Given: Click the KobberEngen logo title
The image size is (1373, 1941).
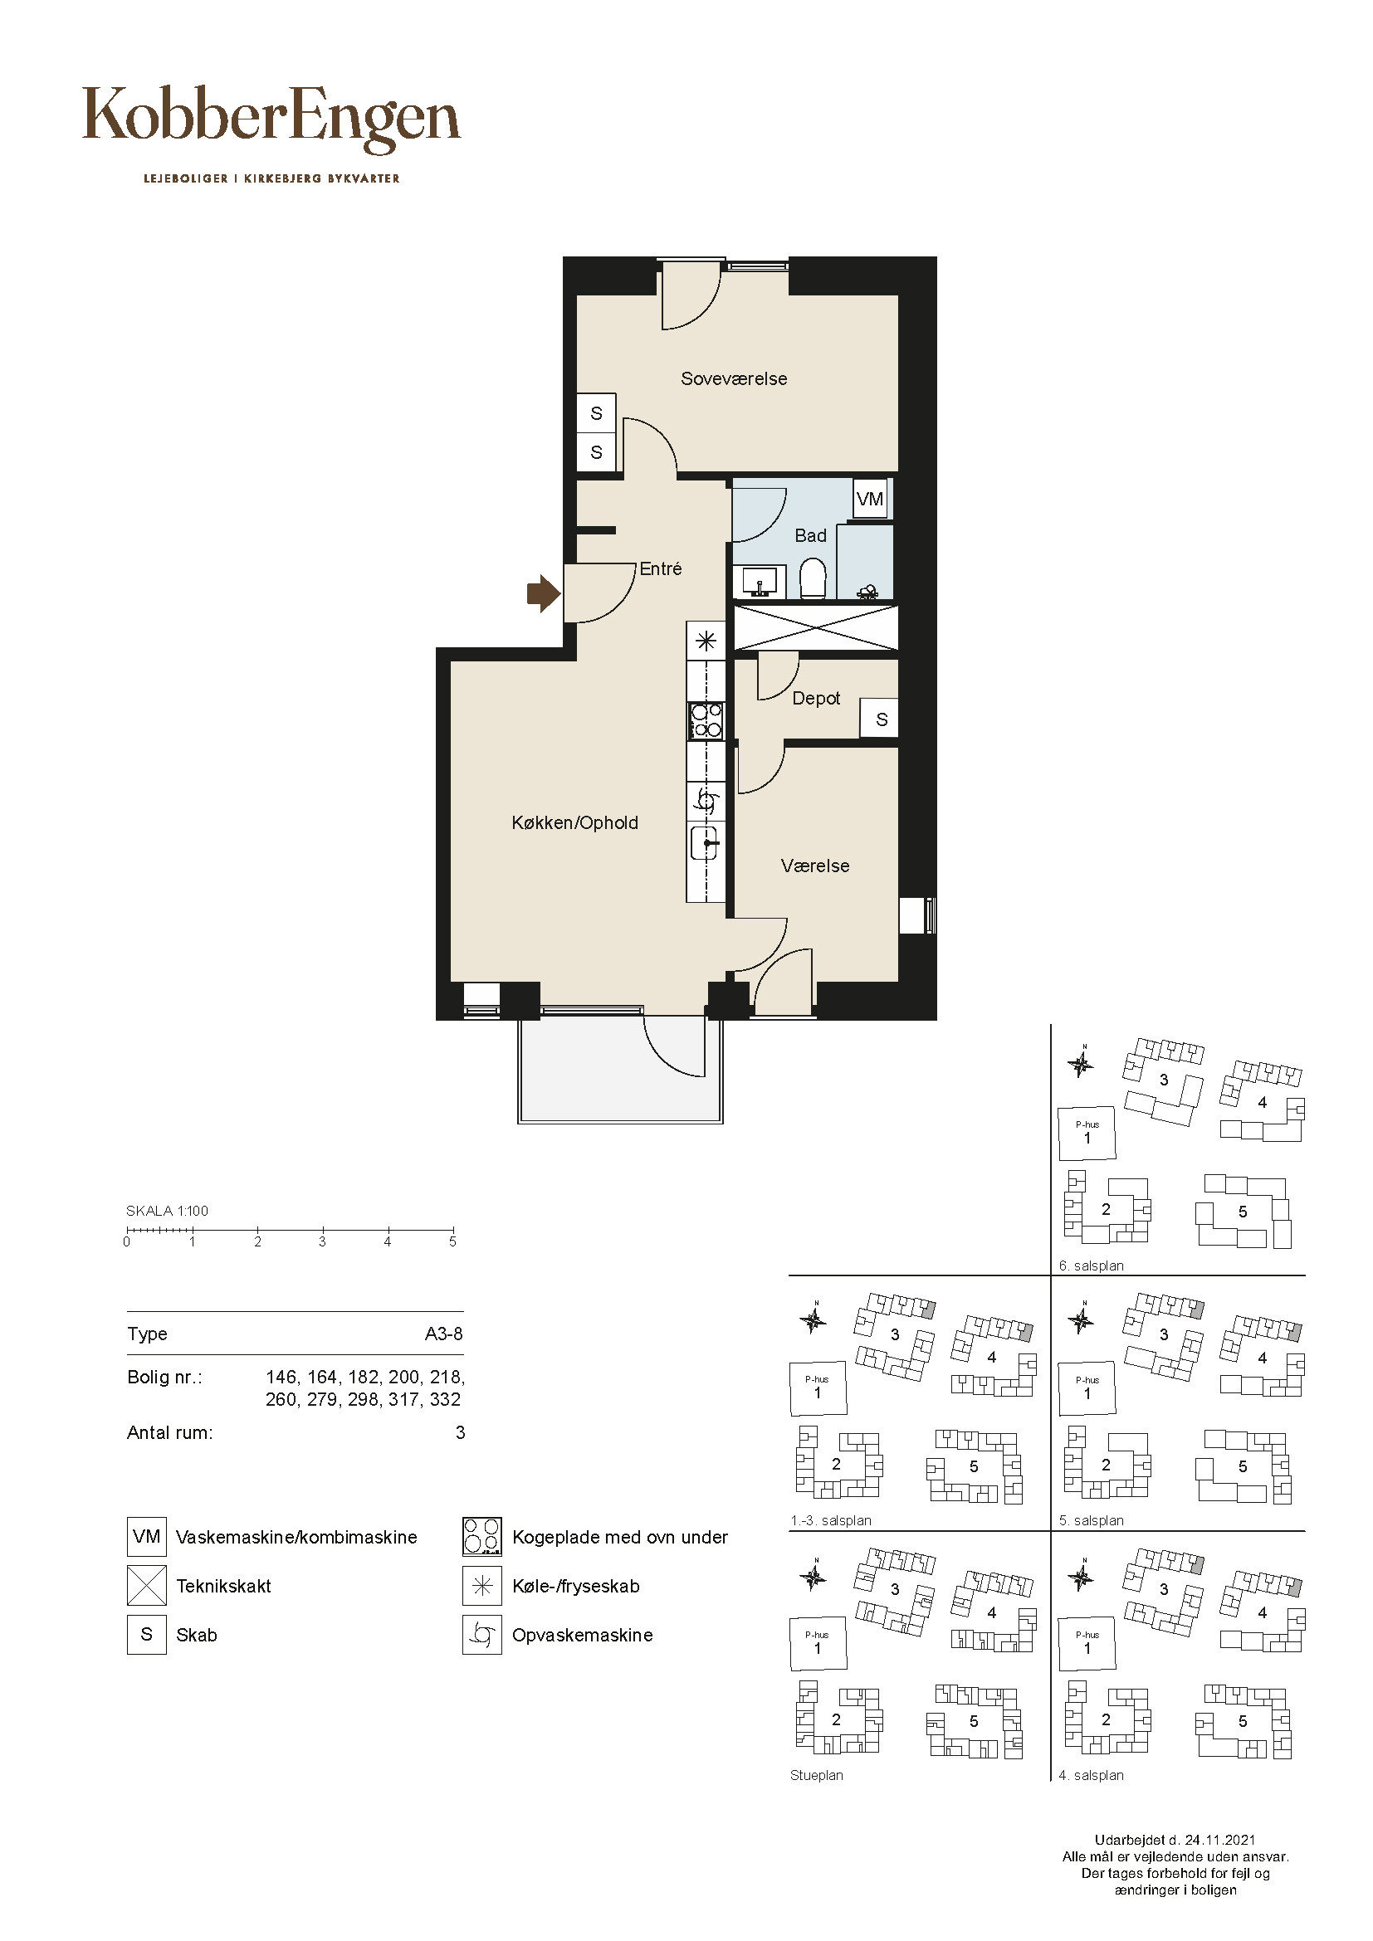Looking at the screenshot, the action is click(x=271, y=119).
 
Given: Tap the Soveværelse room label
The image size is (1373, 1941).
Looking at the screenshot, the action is click(x=734, y=378).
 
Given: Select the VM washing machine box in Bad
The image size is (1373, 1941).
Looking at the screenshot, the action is click(x=870, y=499).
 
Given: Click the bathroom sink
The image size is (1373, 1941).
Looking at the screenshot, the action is click(x=760, y=581).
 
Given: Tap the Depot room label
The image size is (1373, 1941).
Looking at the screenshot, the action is click(x=816, y=698).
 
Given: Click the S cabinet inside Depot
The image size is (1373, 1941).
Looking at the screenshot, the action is click(x=880, y=719).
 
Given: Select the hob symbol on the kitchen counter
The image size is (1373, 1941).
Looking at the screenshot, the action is click(x=706, y=721).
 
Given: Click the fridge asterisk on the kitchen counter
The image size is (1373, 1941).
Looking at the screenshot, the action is click(x=706, y=641).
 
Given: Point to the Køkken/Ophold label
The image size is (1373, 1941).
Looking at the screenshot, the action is click(x=575, y=822).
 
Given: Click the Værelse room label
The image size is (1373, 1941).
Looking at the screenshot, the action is click(x=815, y=866).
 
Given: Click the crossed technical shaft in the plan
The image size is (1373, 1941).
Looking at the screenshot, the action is click(x=816, y=627).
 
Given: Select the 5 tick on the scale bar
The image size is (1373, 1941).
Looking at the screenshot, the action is click(x=453, y=1231).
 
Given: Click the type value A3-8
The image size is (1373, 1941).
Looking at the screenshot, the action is click(x=444, y=1334).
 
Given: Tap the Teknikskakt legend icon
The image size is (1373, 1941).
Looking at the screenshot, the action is click(x=146, y=1586).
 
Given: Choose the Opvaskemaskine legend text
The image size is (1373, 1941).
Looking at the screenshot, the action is click(x=583, y=1635).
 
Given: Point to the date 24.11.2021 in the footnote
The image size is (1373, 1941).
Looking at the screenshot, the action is click(x=1220, y=1840).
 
